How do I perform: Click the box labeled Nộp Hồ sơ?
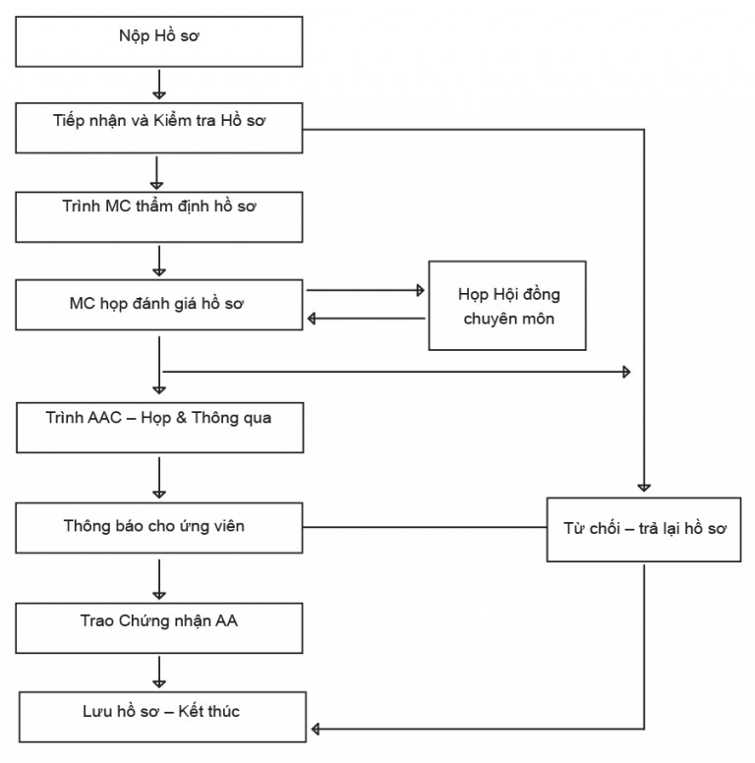pos(159,42)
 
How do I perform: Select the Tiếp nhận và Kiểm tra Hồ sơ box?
pos(159,128)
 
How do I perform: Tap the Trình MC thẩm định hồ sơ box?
pos(159,217)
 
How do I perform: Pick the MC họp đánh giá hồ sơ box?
pos(159,305)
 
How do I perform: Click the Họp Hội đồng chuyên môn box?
pos(507,306)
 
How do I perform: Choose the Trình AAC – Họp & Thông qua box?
pos(160,428)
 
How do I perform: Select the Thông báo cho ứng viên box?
pos(159,528)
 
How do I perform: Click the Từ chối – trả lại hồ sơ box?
pos(644,529)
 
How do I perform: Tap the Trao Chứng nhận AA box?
pos(159,628)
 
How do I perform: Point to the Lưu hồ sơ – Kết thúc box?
pos(163,717)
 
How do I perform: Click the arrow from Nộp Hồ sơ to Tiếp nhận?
pos(159,85)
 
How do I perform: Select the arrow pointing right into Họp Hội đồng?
pos(366,290)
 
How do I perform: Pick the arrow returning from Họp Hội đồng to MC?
pos(367,319)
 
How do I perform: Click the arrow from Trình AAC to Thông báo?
pos(159,478)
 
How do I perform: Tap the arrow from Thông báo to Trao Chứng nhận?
pos(159,579)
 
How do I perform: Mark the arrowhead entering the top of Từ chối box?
pos(644,488)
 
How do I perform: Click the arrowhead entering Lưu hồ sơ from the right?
pos(316,729)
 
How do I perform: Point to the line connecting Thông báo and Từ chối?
pos(425,527)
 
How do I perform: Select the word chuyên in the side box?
pos(489,319)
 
